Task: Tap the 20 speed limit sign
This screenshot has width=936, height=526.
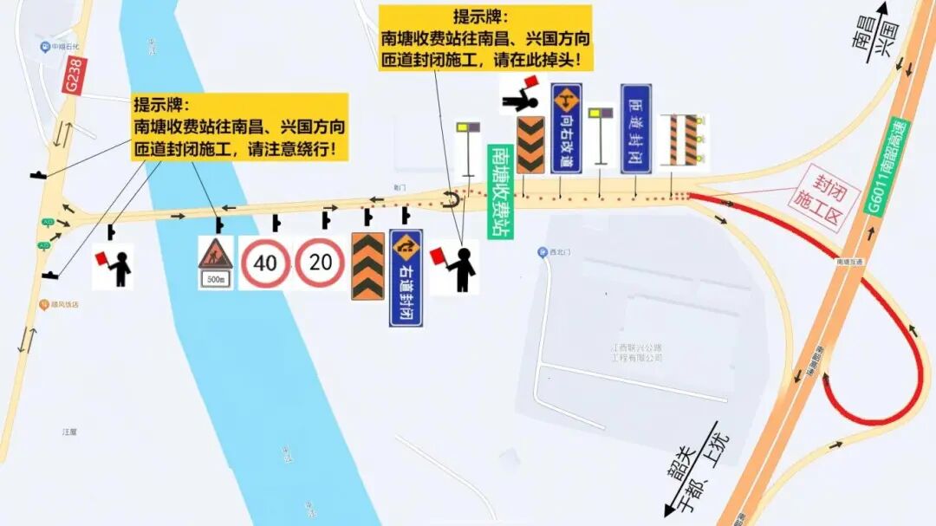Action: pos(320,263)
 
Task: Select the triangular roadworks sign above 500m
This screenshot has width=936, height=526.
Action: pos(215,254)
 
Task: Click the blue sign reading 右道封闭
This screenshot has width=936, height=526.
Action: pos(406,277)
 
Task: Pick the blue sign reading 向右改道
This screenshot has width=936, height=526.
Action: pos(567,127)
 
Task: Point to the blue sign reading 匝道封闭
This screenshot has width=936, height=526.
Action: pos(635,127)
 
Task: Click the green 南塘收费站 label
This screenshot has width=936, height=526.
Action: pos(501,192)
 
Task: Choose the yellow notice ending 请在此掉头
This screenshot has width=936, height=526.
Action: pos(484,38)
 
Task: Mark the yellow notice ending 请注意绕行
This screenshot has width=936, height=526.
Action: pos(239,127)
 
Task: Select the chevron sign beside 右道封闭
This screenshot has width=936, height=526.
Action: pos(367,266)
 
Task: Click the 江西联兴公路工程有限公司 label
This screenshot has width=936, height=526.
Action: pos(636,352)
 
